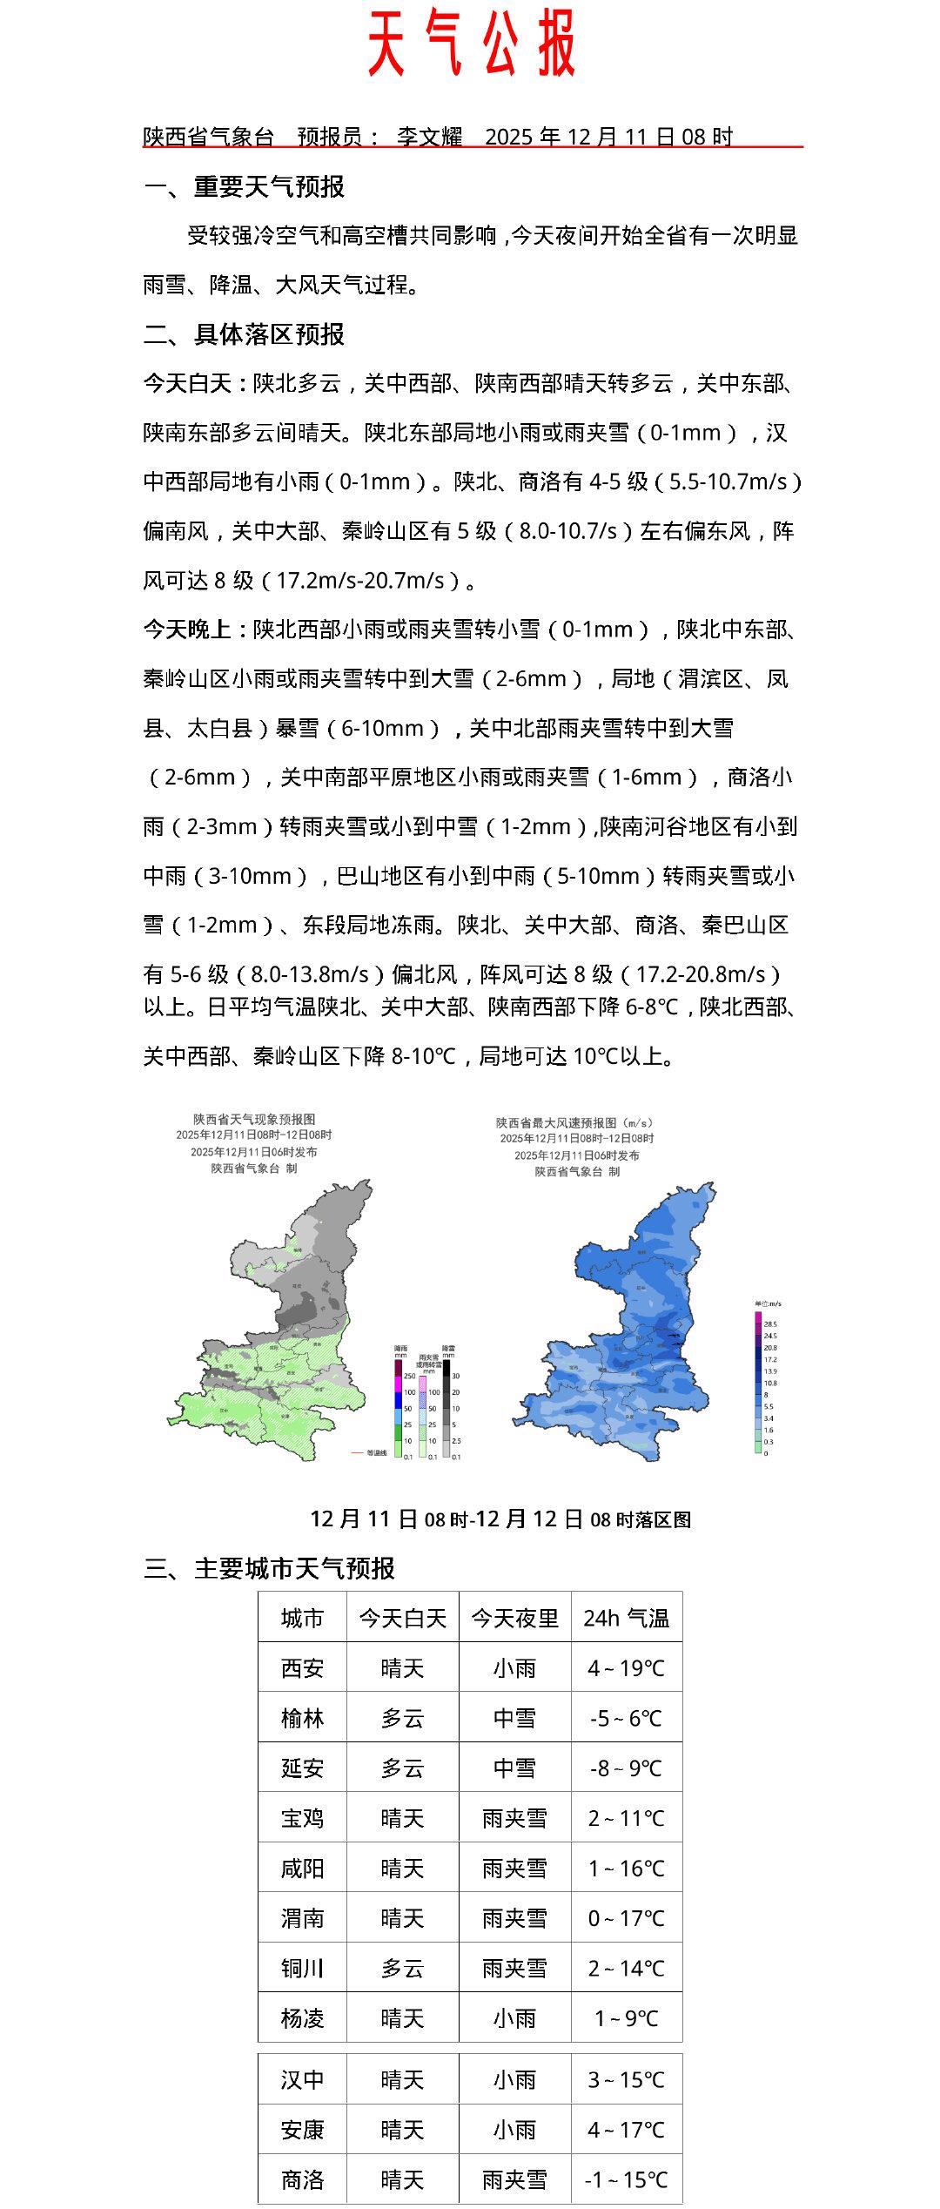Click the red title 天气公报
pos(471,44)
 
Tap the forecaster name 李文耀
pos(429,137)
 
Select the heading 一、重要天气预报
pos(244,186)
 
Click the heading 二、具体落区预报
pos(244,334)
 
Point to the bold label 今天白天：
pos(198,384)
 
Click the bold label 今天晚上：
pos(198,630)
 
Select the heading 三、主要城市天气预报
pos(269,1568)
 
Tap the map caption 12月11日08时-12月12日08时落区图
pos(500,1519)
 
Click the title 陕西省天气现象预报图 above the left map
pos(254,1119)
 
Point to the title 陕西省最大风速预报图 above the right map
pos(574,1123)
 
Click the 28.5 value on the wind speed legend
pos(770,1323)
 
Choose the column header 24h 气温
pos(626,1619)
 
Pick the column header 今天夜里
pos(514,1619)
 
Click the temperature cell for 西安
pos(626,1668)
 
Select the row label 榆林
pos(302,1719)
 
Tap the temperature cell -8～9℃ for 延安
pos(626,1768)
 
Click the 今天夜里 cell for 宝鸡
pos(514,1819)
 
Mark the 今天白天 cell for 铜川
pos(402,1969)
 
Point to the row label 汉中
pos(302,2080)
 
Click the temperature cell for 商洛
pos(626,2180)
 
